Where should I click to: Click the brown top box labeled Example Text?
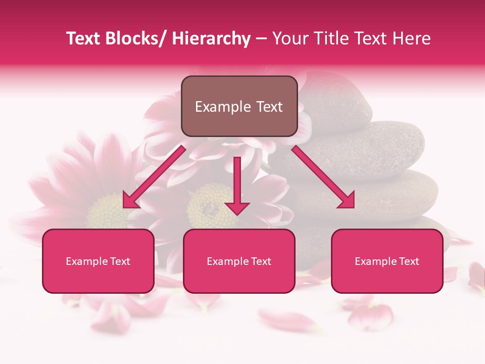(239, 106)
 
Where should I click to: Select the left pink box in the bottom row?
(98, 261)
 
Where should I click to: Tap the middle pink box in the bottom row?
(239, 261)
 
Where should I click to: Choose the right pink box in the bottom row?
(387, 261)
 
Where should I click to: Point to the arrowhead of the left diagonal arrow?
(131, 201)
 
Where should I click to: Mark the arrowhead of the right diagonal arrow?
(346, 201)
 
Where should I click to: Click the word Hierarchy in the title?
(211, 38)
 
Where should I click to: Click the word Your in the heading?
(288, 38)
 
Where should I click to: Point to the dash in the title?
(261, 38)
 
